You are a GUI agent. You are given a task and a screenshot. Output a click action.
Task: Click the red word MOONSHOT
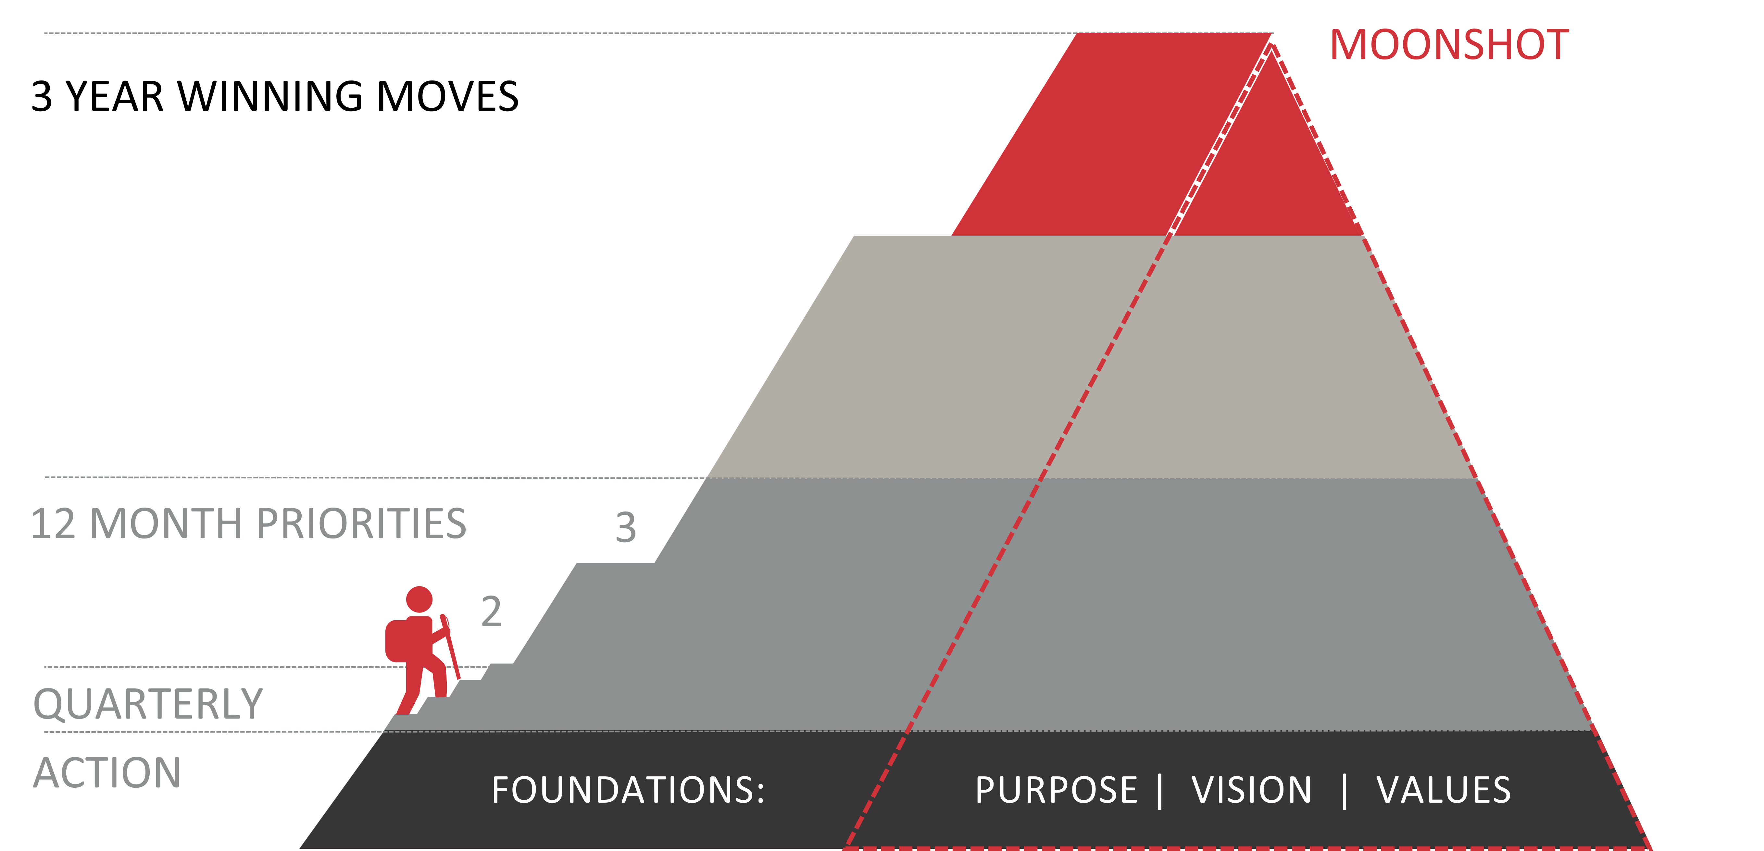point(1449,46)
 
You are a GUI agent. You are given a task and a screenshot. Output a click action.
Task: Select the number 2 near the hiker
point(491,611)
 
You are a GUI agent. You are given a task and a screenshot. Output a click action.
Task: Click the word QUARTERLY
point(148,704)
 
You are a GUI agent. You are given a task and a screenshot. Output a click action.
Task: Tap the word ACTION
point(107,772)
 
